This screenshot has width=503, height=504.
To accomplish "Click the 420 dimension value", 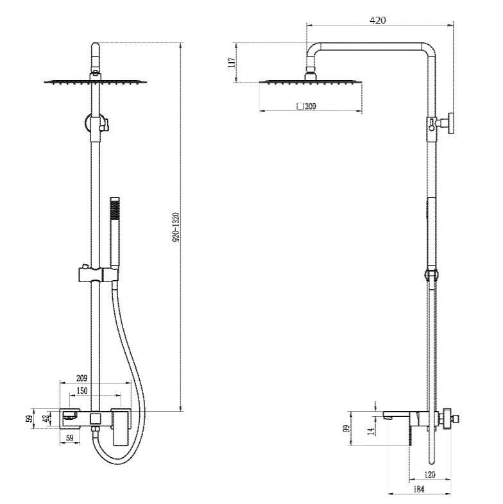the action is (378, 21).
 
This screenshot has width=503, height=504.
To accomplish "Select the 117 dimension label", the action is (231, 62).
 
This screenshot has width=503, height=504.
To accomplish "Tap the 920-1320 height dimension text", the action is (176, 227).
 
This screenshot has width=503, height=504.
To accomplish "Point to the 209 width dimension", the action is (81, 378).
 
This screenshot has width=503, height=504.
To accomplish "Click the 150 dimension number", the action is (81, 391).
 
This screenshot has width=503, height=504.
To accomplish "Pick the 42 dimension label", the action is (46, 419).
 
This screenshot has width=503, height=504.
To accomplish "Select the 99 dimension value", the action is (346, 429).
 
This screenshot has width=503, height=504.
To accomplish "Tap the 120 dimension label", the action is (429, 475).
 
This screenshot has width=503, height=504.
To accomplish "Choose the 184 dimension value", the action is (419, 489).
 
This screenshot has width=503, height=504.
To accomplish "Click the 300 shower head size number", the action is (311, 106).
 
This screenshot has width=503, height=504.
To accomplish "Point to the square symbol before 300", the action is (300, 106).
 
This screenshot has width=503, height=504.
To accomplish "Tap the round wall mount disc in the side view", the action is (452, 123).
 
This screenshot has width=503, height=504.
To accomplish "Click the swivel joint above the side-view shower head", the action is (311, 73).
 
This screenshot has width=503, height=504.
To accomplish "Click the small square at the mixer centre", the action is (96, 419).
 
